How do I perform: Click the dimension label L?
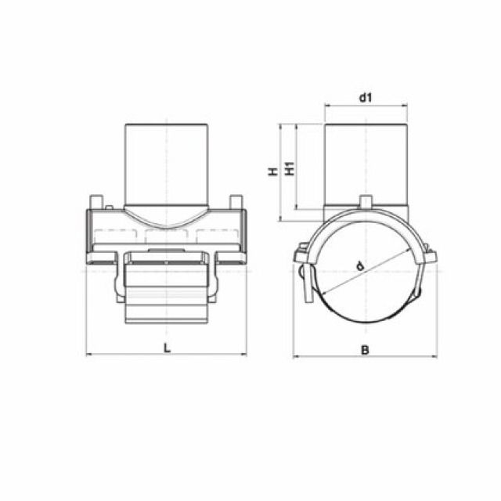167,348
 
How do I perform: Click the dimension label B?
364,349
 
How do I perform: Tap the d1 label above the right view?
365,98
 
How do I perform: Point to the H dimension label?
273,171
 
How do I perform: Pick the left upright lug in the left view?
98,202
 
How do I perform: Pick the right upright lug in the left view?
236,202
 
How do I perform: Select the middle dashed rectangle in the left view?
167,236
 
